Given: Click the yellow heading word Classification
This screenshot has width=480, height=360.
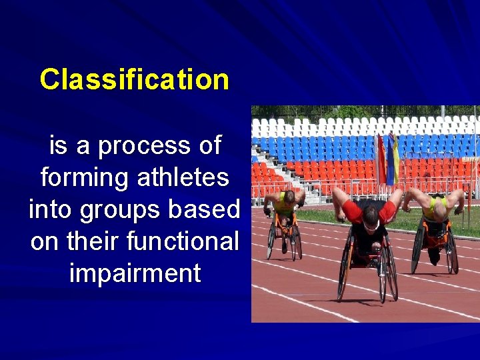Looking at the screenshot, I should coord(134,79).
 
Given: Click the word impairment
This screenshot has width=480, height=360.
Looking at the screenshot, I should coord(134,273).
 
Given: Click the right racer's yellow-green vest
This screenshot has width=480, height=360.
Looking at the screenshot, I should coord(437,207).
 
